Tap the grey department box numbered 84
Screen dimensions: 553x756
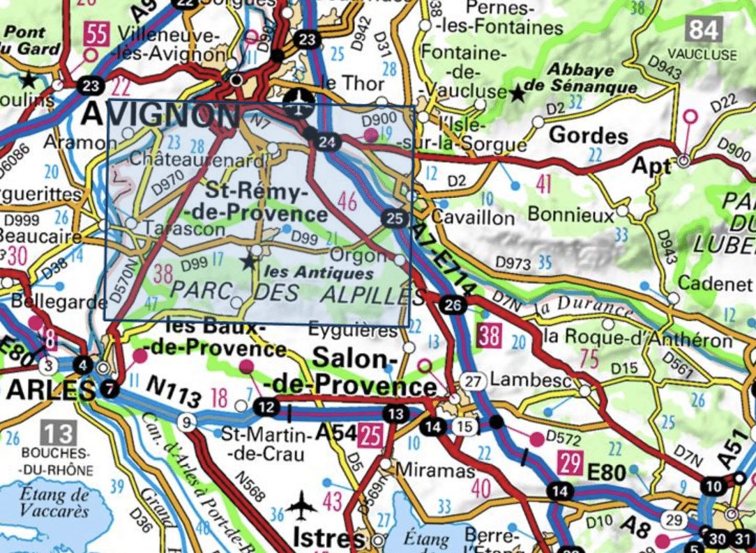tap(702, 30)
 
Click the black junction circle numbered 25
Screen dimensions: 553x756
tap(394, 219)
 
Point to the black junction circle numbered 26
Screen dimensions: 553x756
tap(453, 304)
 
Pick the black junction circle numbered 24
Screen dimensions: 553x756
tap(326, 143)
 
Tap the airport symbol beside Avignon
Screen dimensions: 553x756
tap(300, 103)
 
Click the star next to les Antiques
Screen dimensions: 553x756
tap(248, 262)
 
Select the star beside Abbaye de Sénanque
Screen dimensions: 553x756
tap(517, 92)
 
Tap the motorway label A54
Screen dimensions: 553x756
tap(335, 433)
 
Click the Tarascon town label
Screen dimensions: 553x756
tap(185, 228)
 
